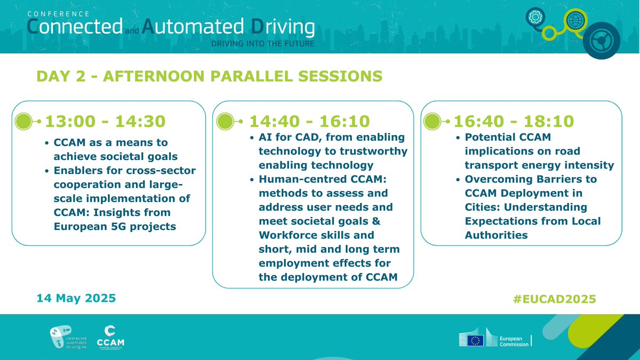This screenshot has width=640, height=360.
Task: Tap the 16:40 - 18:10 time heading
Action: click(x=514, y=122)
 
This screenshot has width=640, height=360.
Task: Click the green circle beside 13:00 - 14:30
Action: click(x=23, y=122)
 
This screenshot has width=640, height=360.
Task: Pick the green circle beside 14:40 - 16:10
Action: click(x=225, y=122)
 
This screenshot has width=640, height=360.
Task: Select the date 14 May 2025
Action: click(x=76, y=299)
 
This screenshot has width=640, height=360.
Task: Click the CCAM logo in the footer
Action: click(x=111, y=335)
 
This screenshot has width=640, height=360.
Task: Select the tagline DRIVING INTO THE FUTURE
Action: click(x=262, y=43)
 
